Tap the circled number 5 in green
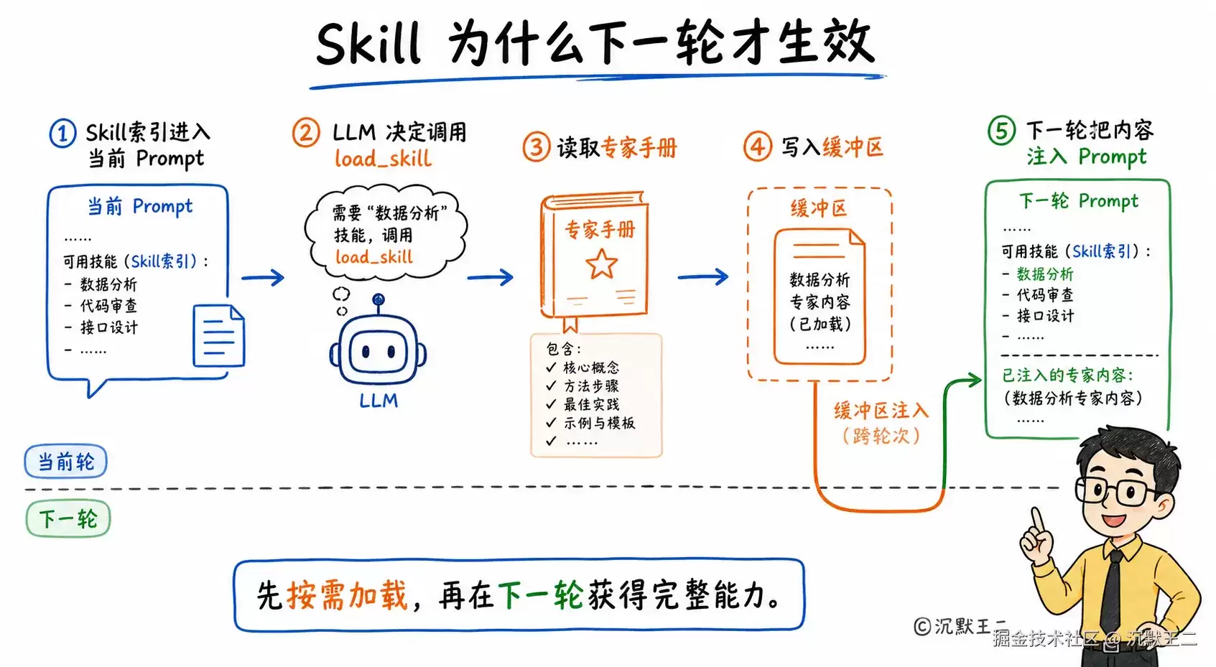[1001, 131]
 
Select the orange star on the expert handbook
[601, 263]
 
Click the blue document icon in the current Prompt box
[219, 335]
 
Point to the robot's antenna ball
[379, 299]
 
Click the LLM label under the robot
[379, 401]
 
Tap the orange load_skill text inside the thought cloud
[374, 257]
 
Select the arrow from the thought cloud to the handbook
[490, 277]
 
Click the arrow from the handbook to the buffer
[703, 277]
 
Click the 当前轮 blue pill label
[65, 462]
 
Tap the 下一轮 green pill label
[68, 519]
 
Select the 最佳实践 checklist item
[591, 404]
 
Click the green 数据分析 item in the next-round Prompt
[1045, 274]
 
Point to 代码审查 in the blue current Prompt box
[108, 306]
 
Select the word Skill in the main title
[368, 43]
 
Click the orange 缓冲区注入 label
[881, 411]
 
